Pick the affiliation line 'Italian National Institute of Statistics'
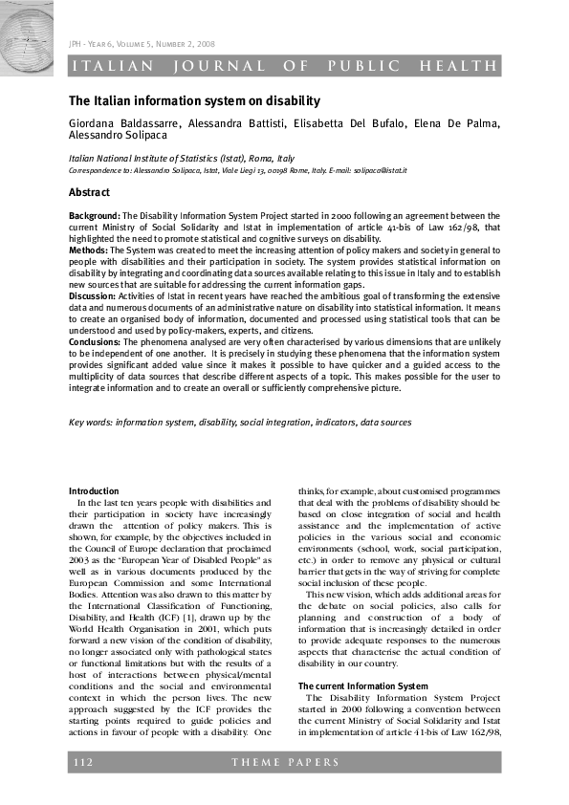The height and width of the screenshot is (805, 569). click(x=181, y=159)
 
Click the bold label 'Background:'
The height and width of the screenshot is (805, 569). click(x=95, y=217)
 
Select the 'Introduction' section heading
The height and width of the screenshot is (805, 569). click(x=94, y=491)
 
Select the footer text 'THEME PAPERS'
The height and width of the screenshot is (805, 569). click(x=284, y=762)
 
